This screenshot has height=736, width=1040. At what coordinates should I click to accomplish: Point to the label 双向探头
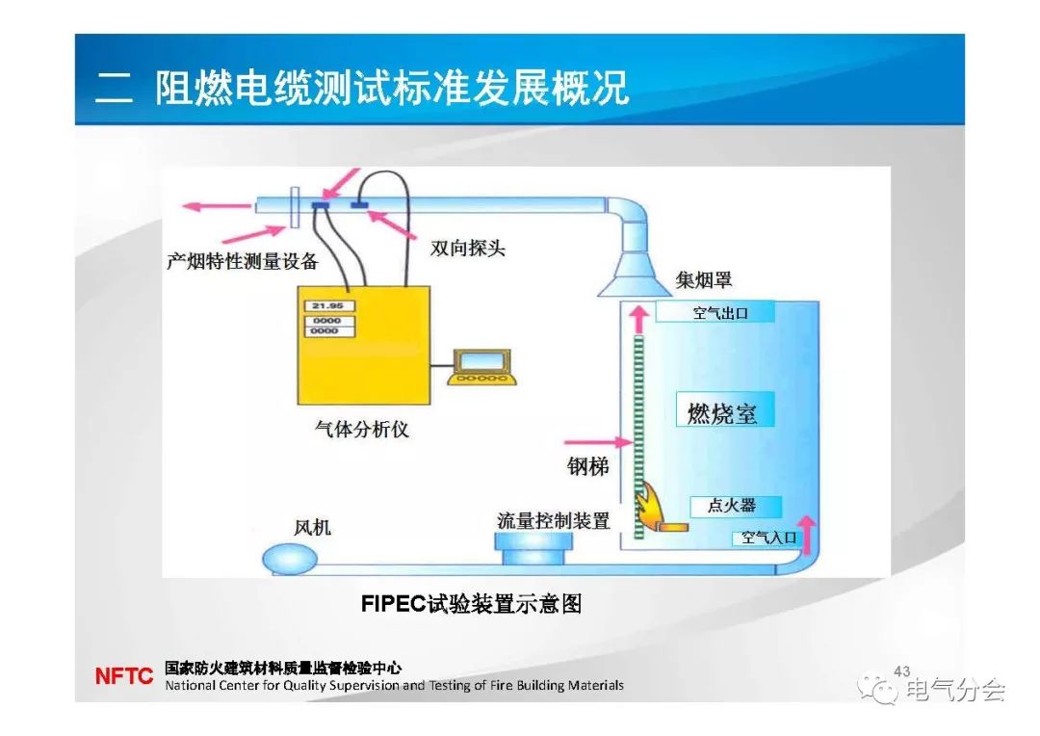[x=468, y=249]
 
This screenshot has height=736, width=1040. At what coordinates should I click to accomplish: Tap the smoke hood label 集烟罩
[x=704, y=280]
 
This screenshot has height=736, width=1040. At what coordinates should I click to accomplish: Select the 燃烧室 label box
[x=723, y=412]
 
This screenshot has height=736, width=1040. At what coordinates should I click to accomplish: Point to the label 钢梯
[x=587, y=467]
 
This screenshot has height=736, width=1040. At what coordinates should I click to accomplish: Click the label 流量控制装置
[x=554, y=521]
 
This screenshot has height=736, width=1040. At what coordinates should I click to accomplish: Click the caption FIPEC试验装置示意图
[x=472, y=604]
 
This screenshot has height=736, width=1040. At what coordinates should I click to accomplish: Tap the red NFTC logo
[x=123, y=676]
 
